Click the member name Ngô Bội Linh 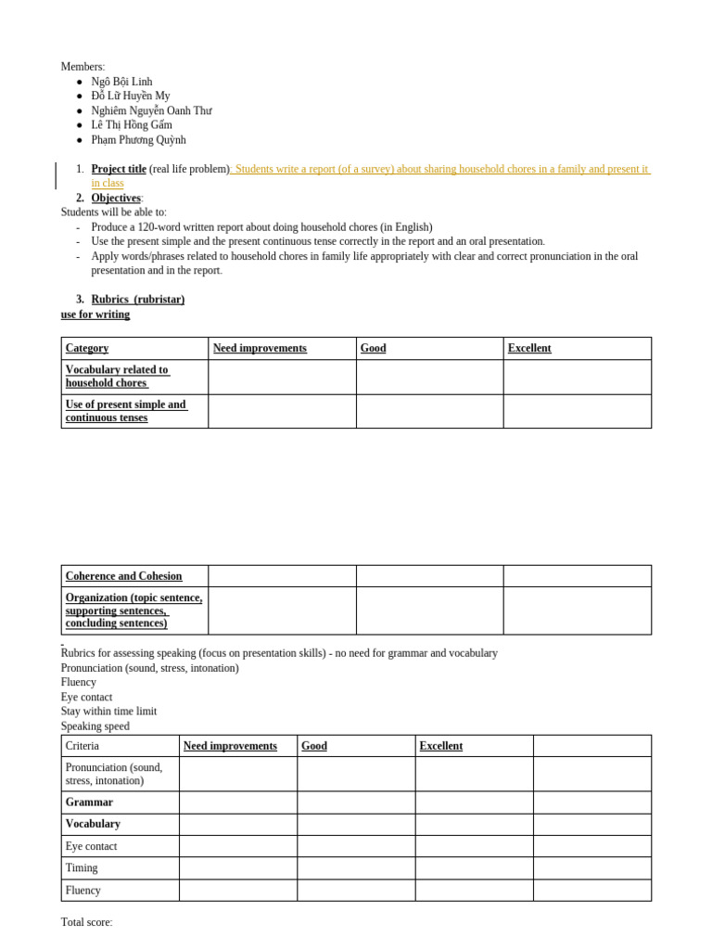121,82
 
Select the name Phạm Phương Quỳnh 138,140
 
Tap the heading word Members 83,67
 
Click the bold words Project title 119,169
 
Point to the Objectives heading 116,199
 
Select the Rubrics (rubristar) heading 137,300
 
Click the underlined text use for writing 95,315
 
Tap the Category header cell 87,349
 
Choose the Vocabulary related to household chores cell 117,377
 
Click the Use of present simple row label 126,411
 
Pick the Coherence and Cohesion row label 123,576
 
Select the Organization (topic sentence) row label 133,610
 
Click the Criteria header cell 83,746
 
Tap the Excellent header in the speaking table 440,746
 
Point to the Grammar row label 89,802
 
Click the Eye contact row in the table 91,846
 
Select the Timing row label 82,868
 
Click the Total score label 86,922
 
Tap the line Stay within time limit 108,712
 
